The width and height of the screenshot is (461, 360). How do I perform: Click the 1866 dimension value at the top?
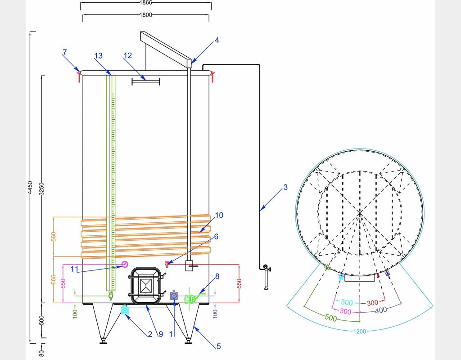(146, 3)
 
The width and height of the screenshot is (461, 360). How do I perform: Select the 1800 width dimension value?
(146, 15)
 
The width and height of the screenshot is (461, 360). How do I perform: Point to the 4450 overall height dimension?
(30, 188)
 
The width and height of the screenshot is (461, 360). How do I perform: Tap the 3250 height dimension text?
(42, 189)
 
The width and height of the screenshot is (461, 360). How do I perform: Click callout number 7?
(65, 53)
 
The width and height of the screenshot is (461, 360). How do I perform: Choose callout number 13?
(99, 56)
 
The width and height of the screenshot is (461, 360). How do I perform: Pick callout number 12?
(128, 56)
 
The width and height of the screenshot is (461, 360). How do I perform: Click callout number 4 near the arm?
(217, 40)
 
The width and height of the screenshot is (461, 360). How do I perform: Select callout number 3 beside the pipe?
(285, 187)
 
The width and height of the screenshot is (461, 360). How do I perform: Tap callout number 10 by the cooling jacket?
(219, 216)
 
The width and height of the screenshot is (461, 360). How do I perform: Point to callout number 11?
(74, 269)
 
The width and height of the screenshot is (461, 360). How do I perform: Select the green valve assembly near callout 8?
(192, 298)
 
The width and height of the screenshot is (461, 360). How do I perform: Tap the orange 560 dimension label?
(54, 238)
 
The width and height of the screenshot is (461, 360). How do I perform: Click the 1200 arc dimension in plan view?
(360, 332)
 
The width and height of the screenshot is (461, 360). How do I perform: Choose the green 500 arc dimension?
(331, 318)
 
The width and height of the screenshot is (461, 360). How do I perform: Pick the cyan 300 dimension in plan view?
(347, 302)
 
